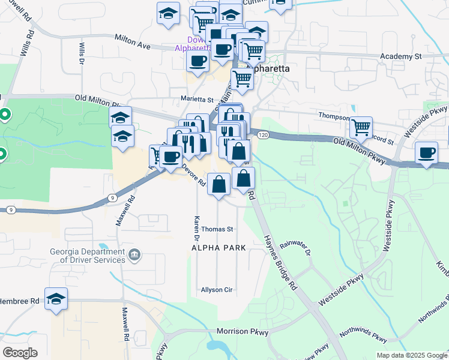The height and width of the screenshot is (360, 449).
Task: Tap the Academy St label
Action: point(402,56)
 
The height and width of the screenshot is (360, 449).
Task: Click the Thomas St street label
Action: point(217,229)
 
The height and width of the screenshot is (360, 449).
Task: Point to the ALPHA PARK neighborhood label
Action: point(219,248)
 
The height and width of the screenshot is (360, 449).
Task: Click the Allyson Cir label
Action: point(217,290)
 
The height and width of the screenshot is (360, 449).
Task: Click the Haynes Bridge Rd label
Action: point(280,263)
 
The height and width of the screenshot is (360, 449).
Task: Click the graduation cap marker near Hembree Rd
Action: point(56,299)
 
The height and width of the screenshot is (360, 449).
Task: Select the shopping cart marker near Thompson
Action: point(361,127)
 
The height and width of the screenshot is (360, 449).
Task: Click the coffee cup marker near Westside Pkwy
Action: point(427,152)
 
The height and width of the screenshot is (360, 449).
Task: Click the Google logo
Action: point(20,353)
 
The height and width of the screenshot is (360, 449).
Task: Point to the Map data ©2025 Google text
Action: point(411,355)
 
